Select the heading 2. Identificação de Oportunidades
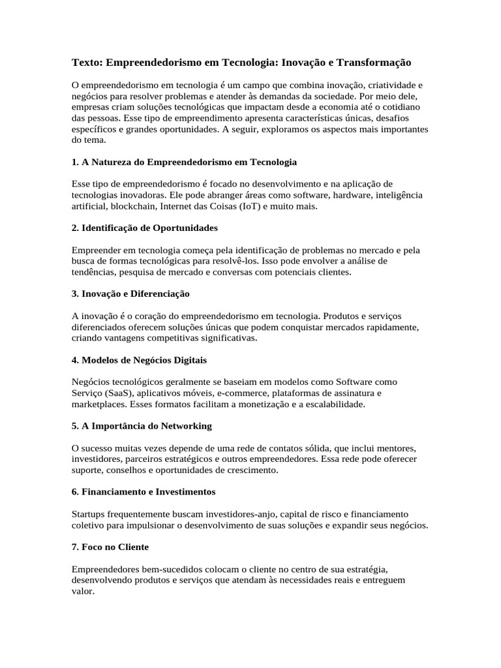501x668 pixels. [145, 228]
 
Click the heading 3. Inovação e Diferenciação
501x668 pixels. [130, 294]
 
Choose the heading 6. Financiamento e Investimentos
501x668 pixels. [144, 491]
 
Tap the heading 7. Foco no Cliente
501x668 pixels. [110, 547]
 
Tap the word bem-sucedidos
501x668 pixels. [157, 569]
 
